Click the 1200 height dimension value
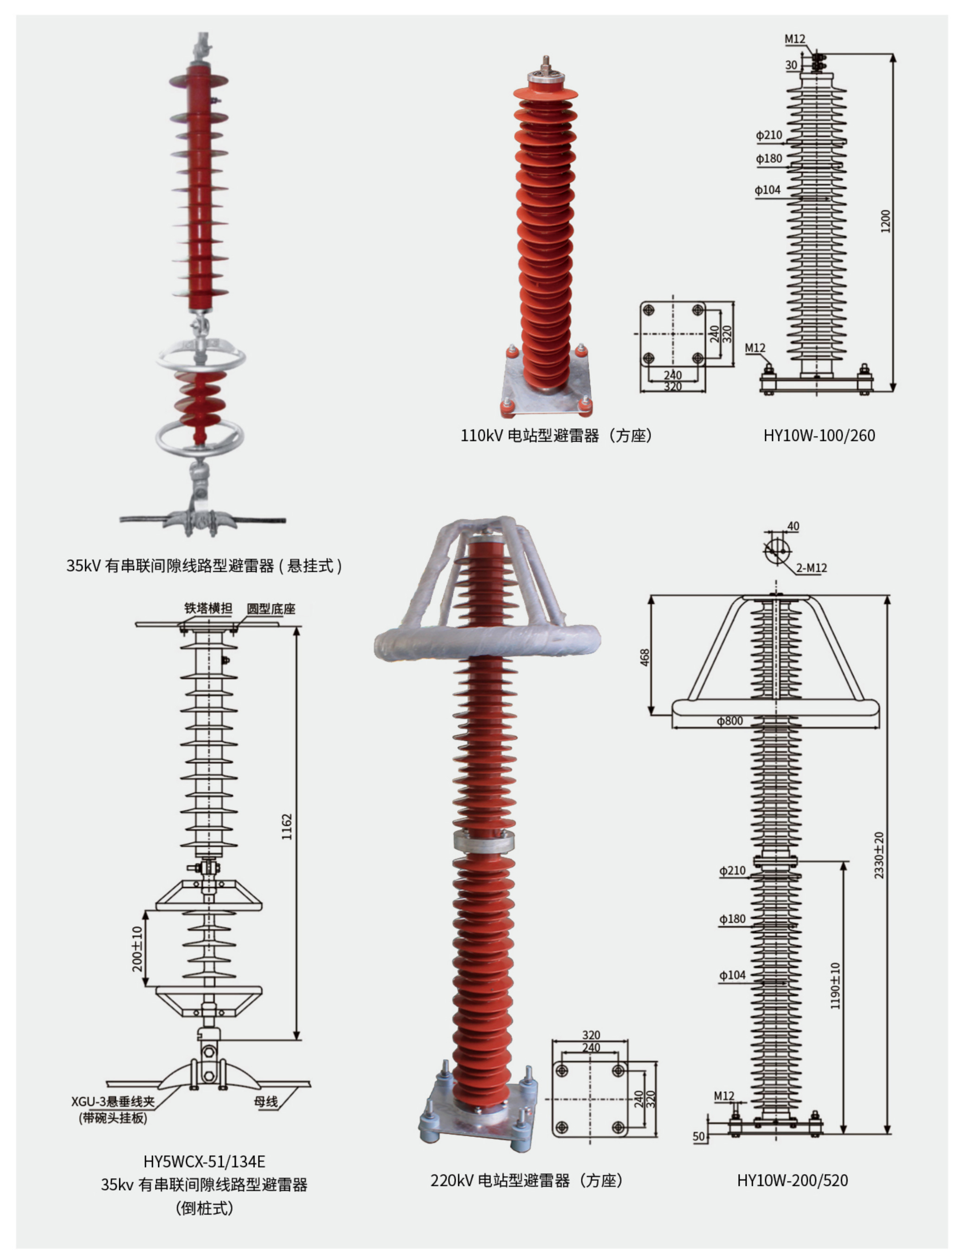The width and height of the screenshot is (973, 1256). click(x=886, y=221)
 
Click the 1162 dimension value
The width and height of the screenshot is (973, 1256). click(x=286, y=826)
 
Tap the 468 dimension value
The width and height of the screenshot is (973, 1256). click(x=644, y=657)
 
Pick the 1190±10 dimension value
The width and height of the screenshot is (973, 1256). click(x=835, y=986)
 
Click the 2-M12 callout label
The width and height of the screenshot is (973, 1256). click(x=812, y=568)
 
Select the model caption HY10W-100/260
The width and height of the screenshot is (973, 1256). click(x=819, y=435)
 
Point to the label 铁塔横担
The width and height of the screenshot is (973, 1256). click(x=207, y=608)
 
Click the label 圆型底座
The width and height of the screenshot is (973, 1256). click(x=271, y=609)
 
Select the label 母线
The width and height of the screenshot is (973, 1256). click(x=266, y=1101)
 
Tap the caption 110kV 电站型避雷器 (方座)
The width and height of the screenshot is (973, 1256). click(x=556, y=436)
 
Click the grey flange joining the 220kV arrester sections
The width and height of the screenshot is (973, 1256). click(x=483, y=841)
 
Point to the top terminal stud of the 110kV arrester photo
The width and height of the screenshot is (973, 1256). click(x=546, y=62)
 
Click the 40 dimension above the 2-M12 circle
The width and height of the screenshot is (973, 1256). click(x=793, y=526)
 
